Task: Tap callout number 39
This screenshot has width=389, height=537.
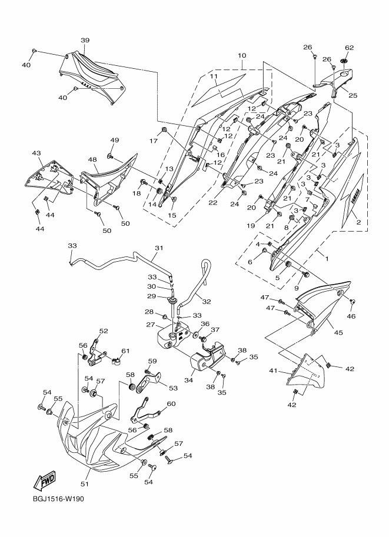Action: [x=85, y=40]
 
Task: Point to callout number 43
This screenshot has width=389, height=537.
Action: [x=36, y=154]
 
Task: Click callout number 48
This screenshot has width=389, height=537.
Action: [x=92, y=159]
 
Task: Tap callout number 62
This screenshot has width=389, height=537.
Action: [x=349, y=48]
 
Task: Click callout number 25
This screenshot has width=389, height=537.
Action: [x=353, y=94]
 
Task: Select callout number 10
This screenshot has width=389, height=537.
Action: [x=241, y=56]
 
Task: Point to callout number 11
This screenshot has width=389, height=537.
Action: [x=214, y=76]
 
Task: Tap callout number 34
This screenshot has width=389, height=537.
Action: [x=188, y=380]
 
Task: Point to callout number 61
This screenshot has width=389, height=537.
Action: [x=124, y=351]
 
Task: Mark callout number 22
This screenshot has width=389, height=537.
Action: [x=212, y=203]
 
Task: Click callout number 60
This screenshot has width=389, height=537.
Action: [x=171, y=403]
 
